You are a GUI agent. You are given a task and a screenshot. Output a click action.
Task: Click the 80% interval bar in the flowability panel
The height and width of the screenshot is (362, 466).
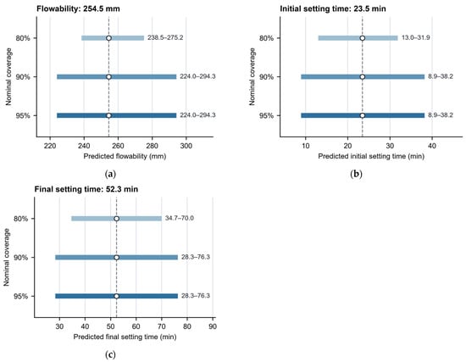113,38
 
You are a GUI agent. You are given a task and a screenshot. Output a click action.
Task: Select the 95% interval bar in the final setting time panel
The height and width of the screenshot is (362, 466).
117,296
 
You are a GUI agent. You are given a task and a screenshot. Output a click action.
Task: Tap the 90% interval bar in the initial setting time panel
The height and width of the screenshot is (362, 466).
363,77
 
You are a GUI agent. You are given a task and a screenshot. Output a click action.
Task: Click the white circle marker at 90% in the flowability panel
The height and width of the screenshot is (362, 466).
108,77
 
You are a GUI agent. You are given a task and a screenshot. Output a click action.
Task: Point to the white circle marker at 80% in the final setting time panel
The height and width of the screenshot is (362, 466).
117,219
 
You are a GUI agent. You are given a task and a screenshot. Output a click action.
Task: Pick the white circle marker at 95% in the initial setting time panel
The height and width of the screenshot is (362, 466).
363,115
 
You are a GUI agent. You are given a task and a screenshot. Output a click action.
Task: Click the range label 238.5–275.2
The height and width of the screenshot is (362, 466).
165,38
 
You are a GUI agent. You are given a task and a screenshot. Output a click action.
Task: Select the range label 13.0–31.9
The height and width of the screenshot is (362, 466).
416,38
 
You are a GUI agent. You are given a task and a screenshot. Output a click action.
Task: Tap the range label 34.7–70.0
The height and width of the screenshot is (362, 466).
180,219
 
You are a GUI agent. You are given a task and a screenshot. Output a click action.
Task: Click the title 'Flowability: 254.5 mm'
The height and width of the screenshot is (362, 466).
78,8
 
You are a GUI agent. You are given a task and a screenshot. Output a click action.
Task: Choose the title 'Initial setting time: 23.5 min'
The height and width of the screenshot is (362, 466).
333,8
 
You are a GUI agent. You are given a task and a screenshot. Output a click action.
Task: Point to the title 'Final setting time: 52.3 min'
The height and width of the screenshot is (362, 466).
86,189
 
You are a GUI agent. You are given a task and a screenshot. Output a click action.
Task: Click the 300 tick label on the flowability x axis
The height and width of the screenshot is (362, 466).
186,146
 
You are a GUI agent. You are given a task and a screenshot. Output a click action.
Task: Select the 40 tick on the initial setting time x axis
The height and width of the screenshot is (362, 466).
432,146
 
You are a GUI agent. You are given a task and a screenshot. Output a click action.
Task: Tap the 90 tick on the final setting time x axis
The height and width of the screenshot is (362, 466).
213,326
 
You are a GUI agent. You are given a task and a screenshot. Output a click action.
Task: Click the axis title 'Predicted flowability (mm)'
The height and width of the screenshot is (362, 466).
125,157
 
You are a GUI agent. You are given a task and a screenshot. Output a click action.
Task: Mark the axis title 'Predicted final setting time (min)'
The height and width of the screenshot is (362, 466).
125,337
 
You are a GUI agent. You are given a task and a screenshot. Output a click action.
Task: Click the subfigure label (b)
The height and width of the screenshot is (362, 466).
356,174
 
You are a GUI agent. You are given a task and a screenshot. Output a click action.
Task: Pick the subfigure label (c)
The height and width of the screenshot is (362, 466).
110,354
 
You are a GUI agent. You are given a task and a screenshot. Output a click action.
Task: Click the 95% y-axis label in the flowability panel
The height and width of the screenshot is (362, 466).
23,115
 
